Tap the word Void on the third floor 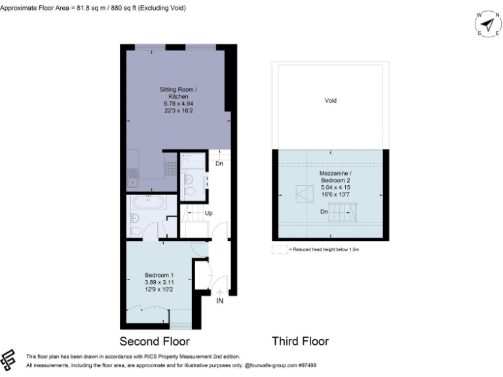coord(330,101)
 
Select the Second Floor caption coord(155,341)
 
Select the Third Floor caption coord(300,341)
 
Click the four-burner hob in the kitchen coord(169,168)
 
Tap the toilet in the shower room coord(190,190)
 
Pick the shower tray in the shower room coord(191,162)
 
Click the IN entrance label coord(220,300)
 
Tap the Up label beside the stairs coord(209,213)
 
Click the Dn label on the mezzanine coord(324,211)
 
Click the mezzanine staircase coord(344,212)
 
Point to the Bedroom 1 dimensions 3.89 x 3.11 coord(159,282)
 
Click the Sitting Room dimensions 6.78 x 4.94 coord(178,103)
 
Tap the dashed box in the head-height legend coord(280,249)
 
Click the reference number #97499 coord(307,365)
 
